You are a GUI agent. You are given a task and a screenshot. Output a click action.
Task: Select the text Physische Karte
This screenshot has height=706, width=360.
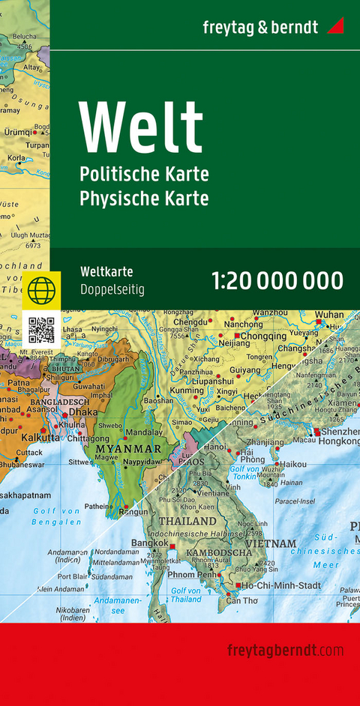[144, 199]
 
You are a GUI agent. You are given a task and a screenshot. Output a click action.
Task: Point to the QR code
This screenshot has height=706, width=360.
[41, 330]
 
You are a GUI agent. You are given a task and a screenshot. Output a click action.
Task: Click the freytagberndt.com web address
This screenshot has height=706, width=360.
[284, 650]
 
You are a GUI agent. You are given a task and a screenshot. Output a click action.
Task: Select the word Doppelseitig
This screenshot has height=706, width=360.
[112, 289]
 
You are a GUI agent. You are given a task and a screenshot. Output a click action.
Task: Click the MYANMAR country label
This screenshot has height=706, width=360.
[127, 449]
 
